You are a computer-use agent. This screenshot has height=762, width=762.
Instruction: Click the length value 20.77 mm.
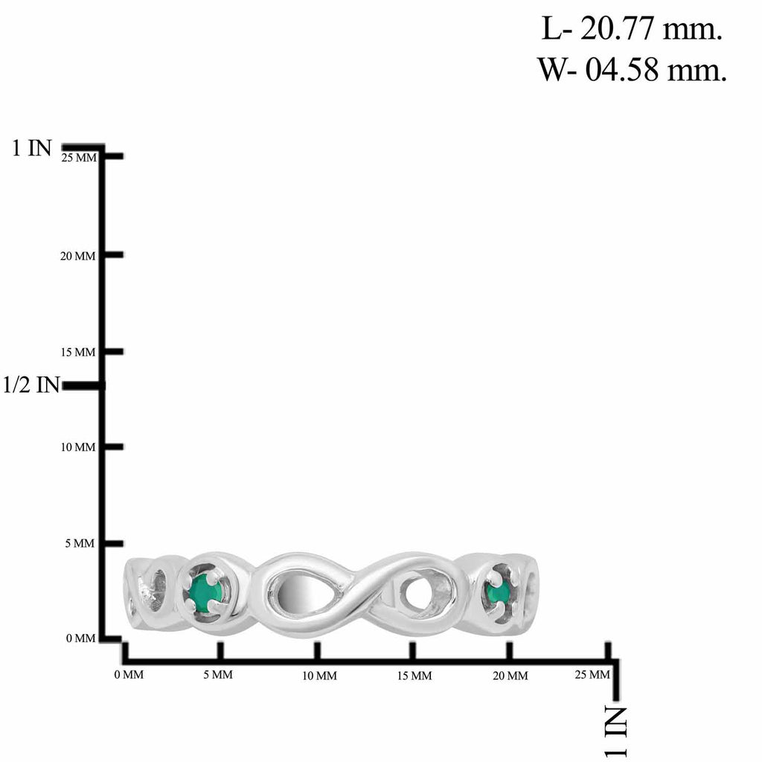click(x=651, y=30)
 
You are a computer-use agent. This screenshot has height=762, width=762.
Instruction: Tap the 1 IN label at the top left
click(x=31, y=147)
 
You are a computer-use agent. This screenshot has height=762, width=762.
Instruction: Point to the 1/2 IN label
click(x=31, y=385)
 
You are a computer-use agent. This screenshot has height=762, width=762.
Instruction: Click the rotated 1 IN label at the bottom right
click(x=615, y=732)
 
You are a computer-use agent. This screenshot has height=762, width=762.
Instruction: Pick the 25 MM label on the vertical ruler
click(x=79, y=158)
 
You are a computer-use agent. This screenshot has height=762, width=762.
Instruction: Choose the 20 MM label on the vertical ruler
click(x=77, y=256)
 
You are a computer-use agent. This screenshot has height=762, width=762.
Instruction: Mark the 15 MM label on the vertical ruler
click(x=78, y=352)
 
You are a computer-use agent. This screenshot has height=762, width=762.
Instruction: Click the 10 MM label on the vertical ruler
click(x=78, y=447)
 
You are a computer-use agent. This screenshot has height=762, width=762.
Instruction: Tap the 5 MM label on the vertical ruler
click(x=80, y=543)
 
